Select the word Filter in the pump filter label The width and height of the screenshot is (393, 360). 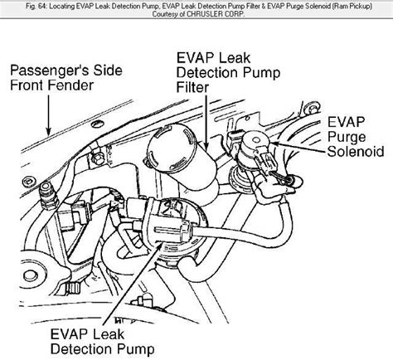click(x=192, y=87)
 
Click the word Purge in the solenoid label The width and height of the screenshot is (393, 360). click(x=347, y=137)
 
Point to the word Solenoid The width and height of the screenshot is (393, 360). click(x=356, y=152)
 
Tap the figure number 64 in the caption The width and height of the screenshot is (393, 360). click(x=41, y=6)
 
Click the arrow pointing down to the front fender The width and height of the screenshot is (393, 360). click(x=49, y=115)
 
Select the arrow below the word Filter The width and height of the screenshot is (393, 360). click(x=206, y=123)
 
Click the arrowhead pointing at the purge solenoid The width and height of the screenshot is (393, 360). click(x=275, y=144)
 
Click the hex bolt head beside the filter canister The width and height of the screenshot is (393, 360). click(x=97, y=159)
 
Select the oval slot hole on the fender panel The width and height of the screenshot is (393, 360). click(x=98, y=124)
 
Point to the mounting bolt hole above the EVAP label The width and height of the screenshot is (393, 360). click(x=312, y=109)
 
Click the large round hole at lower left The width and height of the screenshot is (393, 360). click(x=31, y=275)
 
